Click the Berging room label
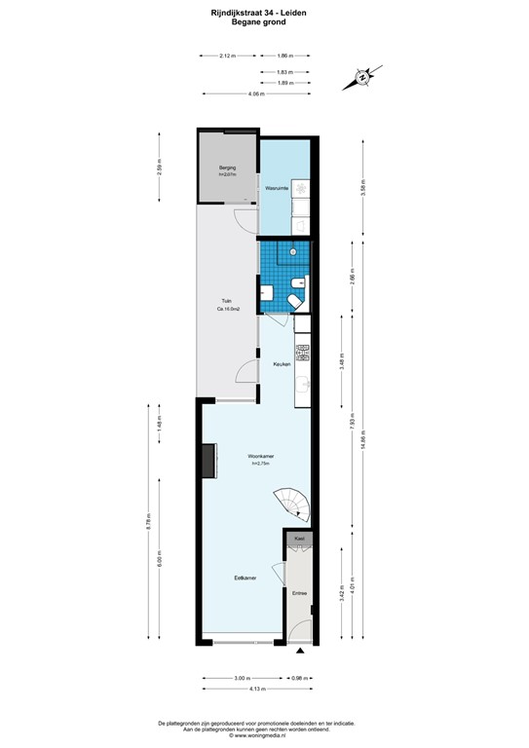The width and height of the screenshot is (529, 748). (x=228, y=168)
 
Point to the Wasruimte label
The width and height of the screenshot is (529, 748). (x=276, y=186)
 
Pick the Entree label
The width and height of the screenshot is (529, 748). (x=299, y=593)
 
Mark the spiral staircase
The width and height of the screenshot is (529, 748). (x=291, y=504)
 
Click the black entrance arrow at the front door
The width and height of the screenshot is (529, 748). (x=301, y=651)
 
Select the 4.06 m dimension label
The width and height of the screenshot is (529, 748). (x=255, y=93)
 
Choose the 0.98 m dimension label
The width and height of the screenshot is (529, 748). (x=301, y=678)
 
